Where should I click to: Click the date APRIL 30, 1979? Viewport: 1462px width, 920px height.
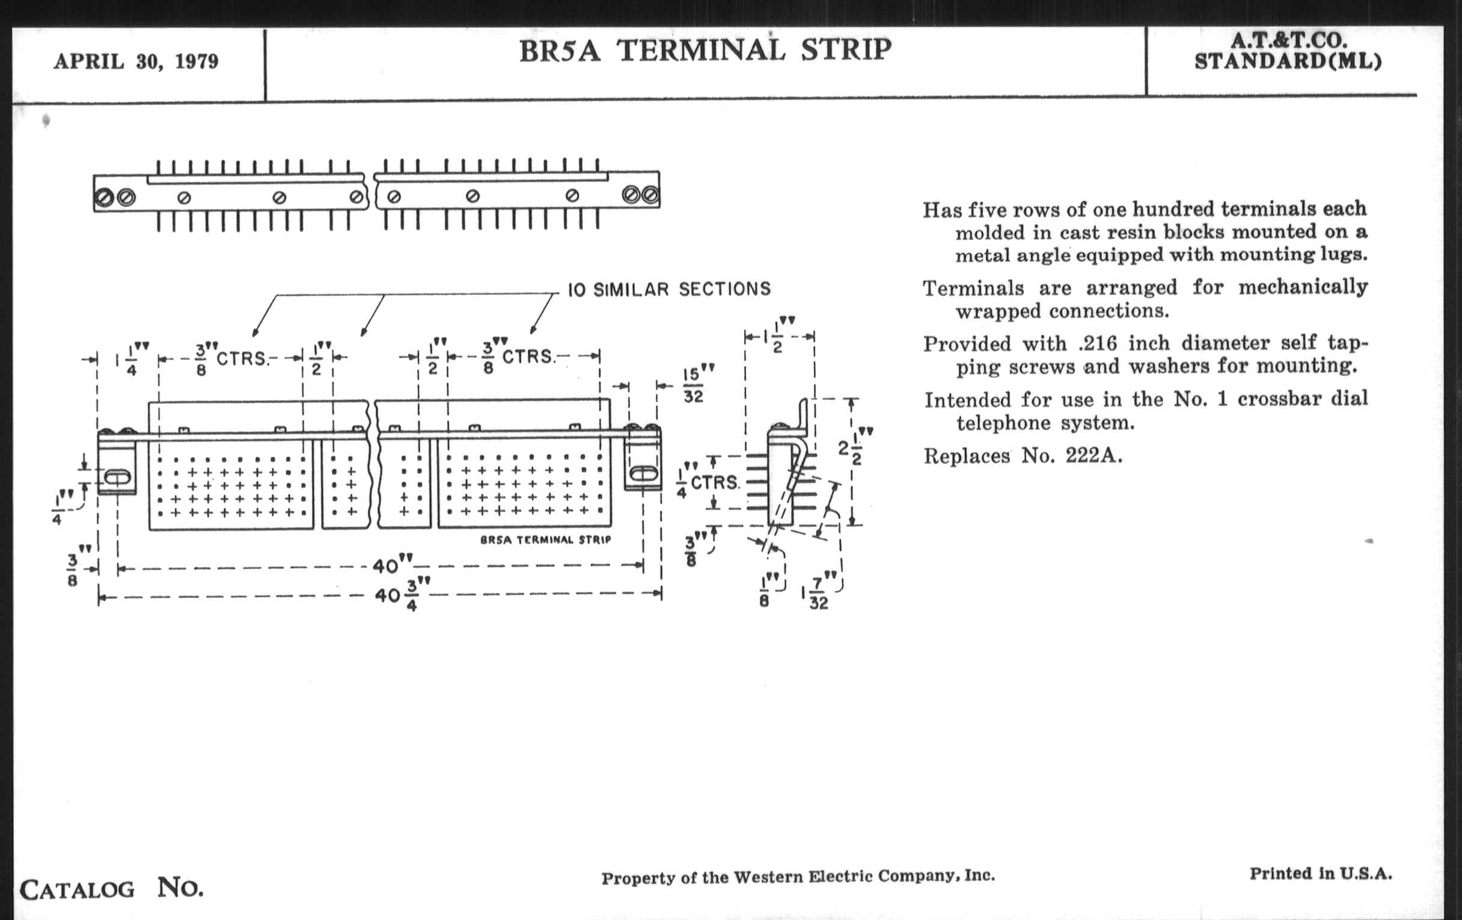tap(136, 61)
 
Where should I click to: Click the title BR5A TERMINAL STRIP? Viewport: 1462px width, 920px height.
tap(705, 51)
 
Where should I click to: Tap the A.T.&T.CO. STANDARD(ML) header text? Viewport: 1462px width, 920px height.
tap(1287, 52)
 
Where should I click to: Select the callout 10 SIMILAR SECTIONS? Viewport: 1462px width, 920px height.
tap(668, 289)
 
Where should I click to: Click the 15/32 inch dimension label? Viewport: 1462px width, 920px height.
tap(693, 384)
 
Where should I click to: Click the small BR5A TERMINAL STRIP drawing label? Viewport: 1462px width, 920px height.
tap(545, 540)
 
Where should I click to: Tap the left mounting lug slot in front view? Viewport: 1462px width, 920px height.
tap(117, 477)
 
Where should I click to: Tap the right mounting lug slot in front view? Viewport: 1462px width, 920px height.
tap(643, 474)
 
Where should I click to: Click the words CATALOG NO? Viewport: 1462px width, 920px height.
tap(112, 888)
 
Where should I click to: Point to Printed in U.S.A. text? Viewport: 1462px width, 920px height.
tap(1321, 874)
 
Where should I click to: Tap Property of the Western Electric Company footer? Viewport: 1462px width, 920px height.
tap(798, 877)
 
